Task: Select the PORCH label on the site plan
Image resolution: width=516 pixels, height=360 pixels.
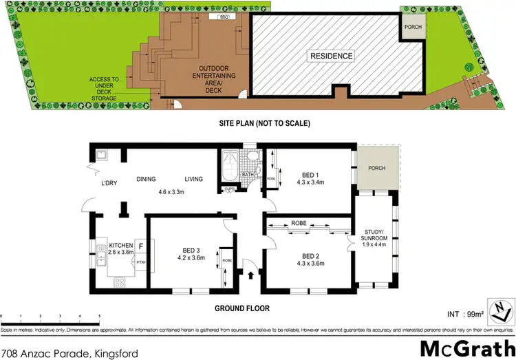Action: coord(414,28)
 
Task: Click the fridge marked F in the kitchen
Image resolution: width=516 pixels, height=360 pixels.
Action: coord(141,245)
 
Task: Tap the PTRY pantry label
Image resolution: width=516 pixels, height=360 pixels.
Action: coord(140,262)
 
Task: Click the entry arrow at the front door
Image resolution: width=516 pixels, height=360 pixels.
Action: coord(250,275)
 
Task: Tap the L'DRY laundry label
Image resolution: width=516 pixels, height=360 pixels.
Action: coord(108,183)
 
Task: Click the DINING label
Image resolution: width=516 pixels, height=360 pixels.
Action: coord(147,179)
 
